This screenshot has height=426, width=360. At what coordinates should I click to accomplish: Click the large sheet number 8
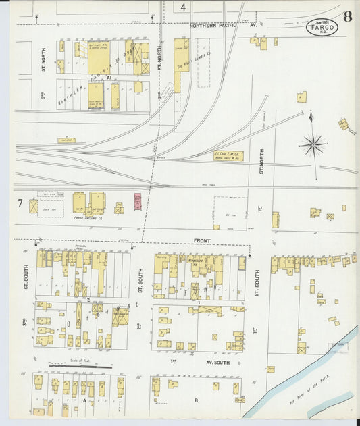(x=346, y=16)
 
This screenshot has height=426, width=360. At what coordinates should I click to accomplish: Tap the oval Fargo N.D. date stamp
(x=321, y=28)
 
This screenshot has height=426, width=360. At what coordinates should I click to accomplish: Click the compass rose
(x=314, y=144)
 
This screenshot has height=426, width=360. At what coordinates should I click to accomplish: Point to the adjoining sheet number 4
(x=182, y=7)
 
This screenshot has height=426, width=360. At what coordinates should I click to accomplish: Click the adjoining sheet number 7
(x=20, y=203)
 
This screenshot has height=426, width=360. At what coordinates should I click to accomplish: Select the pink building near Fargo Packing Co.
(x=138, y=201)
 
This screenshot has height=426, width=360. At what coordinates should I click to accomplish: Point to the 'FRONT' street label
(x=202, y=241)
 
